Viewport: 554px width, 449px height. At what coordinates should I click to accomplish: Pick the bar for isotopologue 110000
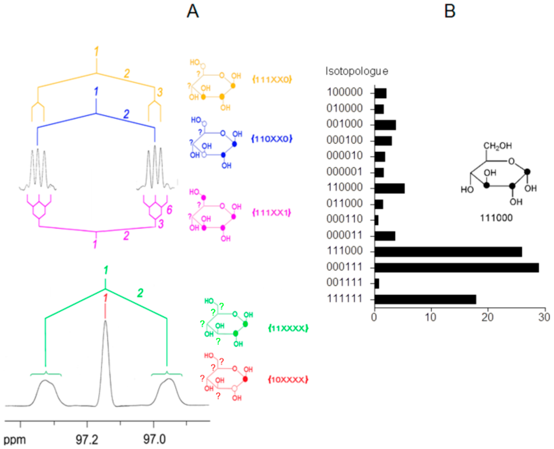click(389, 188)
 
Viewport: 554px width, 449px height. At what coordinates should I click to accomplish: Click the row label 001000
click(344, 124)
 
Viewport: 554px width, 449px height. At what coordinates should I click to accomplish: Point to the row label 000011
click(344, 236)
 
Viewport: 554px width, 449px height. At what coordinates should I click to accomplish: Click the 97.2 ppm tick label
click(87, 439)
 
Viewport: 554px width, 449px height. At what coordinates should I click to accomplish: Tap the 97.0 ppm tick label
click(154, 439)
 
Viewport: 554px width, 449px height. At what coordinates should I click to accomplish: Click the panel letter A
click(193, 12)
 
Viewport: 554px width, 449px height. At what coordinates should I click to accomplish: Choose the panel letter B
click(450, 12)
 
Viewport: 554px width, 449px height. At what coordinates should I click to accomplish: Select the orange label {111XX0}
click(272, 79)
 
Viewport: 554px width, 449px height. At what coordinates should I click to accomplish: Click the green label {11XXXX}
click(288, 329)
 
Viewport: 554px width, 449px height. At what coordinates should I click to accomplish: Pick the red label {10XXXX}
click(288, 380)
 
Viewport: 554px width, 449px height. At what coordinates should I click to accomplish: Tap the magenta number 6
click(169, 210)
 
